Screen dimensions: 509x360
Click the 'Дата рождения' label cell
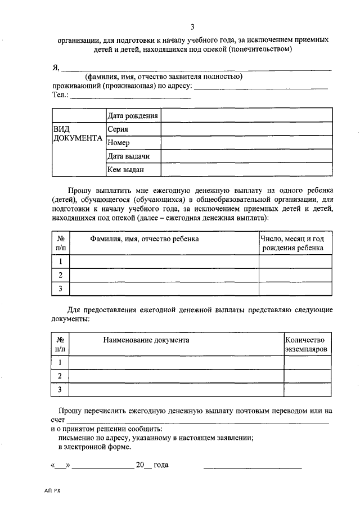click(x=133, y=116)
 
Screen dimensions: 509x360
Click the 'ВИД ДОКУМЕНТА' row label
click(x=78, y=134)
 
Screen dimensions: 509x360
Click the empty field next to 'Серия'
click(x=246, y=129)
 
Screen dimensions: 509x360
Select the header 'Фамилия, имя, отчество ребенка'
click(x=144, y=239)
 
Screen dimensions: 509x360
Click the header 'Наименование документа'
click(x=146, y=340)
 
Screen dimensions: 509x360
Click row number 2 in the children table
click(x=60, y=275)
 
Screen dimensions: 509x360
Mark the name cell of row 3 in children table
click(x=164, y=289)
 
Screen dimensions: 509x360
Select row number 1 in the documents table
click(x=60, y=362)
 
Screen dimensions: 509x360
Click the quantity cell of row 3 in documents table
click(x=307, y=389)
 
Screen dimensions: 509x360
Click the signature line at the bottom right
click(x=252, y=467)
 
